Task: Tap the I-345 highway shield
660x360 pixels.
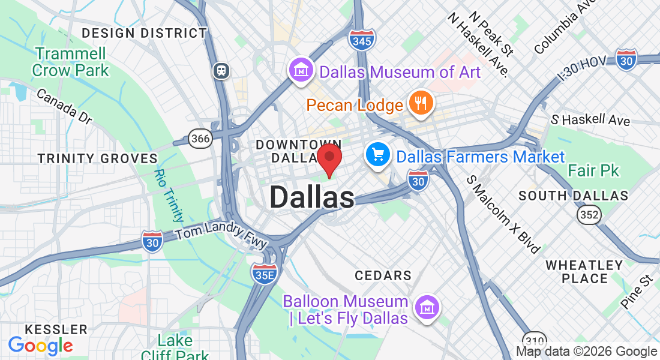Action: pos(362,40)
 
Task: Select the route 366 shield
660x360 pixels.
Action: pos(200,139)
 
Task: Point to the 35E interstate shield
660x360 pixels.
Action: pos(264,274)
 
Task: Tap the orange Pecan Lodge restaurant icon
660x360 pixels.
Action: pos(421,103)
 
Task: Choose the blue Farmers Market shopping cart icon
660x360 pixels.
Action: pos(378,156)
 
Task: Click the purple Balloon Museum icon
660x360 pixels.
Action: pos(427,308)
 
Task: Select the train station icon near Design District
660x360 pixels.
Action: pos(221,71)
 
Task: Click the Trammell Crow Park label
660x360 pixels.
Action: pos(71,61)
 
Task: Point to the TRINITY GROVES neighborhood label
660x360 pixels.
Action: pos(97,158)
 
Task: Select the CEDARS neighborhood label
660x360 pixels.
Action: pos(383,275)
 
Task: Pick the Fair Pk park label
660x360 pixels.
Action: pos(593,171)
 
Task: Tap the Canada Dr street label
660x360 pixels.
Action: pos(64,106)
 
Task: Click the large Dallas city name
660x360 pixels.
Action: pos(311,197)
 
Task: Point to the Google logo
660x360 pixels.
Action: pos(40,346)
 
